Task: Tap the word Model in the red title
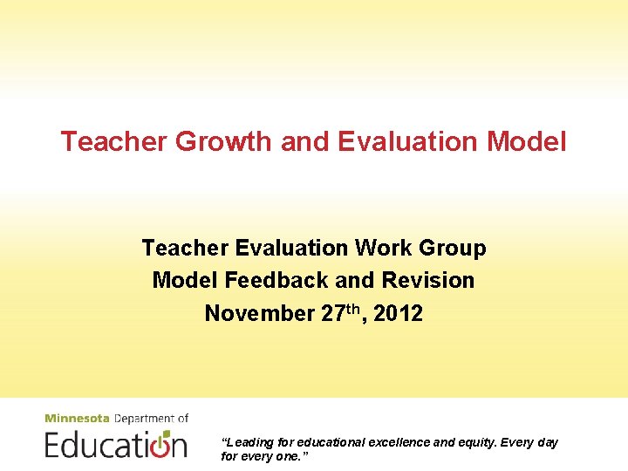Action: (525, 141)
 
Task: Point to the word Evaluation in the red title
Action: (405, 141)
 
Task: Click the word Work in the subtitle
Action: (385, 249)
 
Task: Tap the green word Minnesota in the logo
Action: (78, 419)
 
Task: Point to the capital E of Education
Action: (53, 444)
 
